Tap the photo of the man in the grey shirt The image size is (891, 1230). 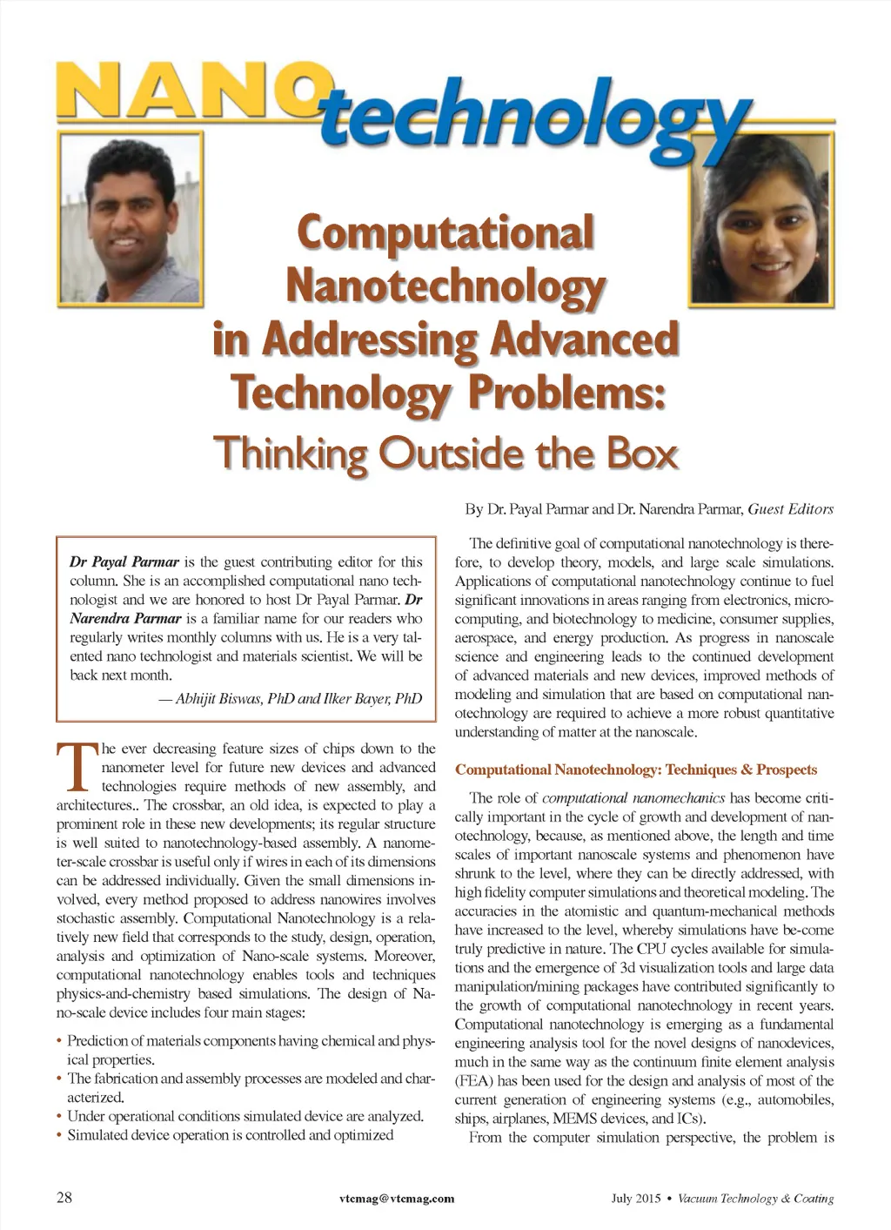coord(131,221)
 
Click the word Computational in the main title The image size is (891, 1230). coord(445,233)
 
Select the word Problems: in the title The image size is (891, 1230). coord(566,393)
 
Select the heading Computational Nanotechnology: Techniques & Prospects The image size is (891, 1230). coord(636,770)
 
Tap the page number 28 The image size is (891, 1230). coord(64,1197)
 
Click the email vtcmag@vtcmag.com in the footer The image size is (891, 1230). coord(397,1199)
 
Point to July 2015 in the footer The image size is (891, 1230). coord(636,1199)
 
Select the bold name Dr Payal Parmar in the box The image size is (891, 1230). coord(124,561)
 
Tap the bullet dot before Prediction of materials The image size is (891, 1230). coord(59,1041)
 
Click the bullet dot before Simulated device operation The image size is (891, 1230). coord(59,1135)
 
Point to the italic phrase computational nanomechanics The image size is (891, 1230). coord(633,797)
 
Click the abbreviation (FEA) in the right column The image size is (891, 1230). coord(474,1081)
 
